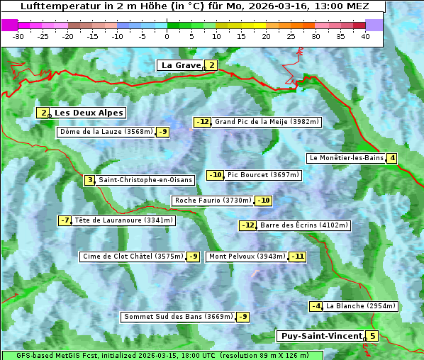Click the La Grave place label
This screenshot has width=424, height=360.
pos(181,65)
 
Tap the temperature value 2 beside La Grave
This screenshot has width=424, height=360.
pos(211,65)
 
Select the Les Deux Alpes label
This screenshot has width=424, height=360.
pos(89,113)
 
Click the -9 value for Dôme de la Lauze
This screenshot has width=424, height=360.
pos(163,132)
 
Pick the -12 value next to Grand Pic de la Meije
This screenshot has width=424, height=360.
pos(203,122)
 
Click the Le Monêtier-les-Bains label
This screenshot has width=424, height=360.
pos(345,158)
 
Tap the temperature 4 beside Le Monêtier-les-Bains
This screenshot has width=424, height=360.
pos(391,158)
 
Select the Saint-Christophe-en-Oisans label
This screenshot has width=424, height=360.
pos(145,180)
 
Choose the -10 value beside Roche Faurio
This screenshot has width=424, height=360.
pos(263,201)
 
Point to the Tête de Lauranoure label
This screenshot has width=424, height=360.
pos(123,220)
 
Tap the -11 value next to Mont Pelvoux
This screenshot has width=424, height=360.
pos(297,257)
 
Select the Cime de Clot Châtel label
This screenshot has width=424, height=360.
pos(133,257)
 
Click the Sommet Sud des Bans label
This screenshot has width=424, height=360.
pos(177,317)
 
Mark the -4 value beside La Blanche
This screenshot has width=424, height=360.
pos(316,306)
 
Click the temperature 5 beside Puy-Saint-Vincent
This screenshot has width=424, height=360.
pos(372,336)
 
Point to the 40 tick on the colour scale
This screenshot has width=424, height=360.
pos(365,36)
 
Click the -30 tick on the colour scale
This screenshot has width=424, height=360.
pos(18,36)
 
